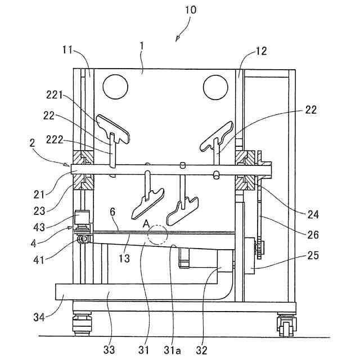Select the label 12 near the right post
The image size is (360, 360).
point(260,52)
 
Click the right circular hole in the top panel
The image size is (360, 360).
point(215,87)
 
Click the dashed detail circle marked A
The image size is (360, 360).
point(157,235)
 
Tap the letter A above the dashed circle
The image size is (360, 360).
point(146,223)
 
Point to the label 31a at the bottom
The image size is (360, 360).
point(172,350)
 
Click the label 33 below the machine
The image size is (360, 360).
point(109,350)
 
